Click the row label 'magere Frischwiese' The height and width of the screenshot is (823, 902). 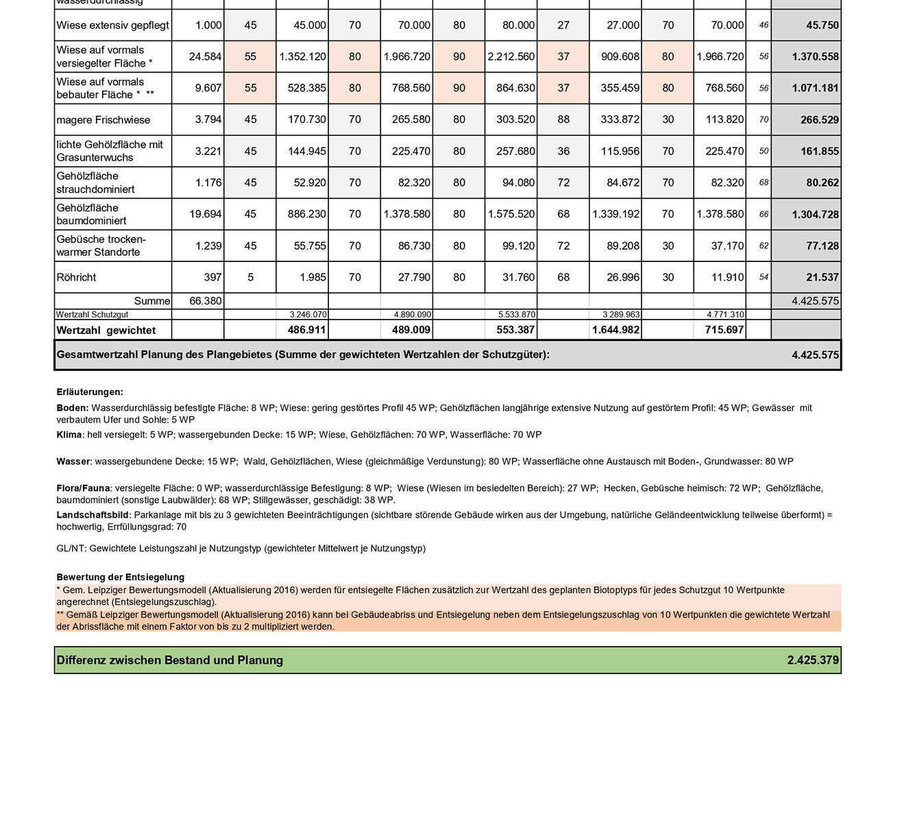(103, 120)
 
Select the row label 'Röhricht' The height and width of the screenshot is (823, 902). (76, 278)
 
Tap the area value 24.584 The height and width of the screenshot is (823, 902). (205, 57)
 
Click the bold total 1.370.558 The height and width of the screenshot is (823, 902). (815, 57)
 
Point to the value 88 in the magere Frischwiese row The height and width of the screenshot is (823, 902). (563, 120)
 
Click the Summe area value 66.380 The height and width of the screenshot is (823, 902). (205, 301)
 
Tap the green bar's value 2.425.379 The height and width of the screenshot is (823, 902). (813, 660)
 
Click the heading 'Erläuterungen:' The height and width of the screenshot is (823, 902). (90, 392)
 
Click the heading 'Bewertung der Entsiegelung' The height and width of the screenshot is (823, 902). (120, 577)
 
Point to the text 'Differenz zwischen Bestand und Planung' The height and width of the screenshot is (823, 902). (169, 660)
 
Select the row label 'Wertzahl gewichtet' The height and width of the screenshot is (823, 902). (106, 331)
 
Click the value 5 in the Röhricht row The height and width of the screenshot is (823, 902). (250, 278)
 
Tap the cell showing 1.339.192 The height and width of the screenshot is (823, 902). (615, 215)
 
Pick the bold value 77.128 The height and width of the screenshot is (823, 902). (822, 246)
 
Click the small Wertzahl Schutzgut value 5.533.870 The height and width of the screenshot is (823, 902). (517, 315)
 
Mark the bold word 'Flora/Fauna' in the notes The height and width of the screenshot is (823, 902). (83, 488)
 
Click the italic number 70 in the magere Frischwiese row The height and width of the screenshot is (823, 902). (764, 120)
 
